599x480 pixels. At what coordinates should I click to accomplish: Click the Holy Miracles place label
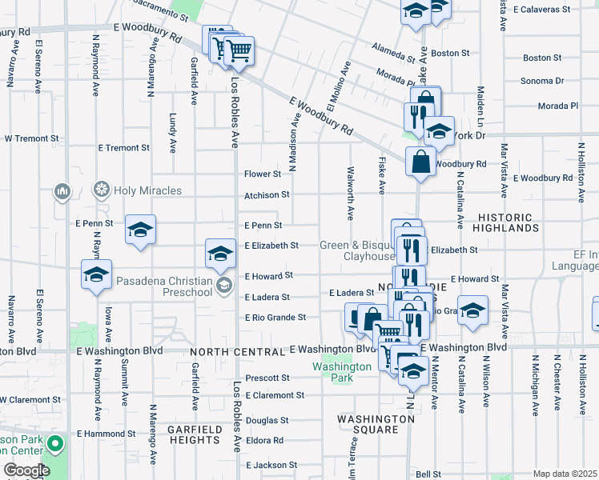click(147, 190)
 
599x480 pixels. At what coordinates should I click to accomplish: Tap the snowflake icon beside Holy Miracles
click(102, 190)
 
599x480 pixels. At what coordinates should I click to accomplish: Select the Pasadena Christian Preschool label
click(164, 286)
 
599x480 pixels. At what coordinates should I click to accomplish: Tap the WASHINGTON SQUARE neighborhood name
click(376, 424)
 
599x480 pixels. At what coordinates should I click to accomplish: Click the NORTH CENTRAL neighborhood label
click(237, 352)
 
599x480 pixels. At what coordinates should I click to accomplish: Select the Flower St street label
click(263, 174)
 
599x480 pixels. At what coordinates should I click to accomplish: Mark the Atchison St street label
click(267, 194)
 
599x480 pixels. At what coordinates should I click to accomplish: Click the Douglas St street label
click(267, 420)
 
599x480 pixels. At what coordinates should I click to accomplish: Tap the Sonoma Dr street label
click(542, 81)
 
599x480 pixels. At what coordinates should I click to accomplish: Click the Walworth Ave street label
click(350, 193)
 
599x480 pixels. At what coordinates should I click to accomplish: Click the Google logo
click(26, 470)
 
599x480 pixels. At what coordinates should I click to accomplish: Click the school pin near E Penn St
click(140, 230)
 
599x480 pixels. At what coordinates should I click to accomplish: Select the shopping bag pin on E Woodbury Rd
click(420, 162)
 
